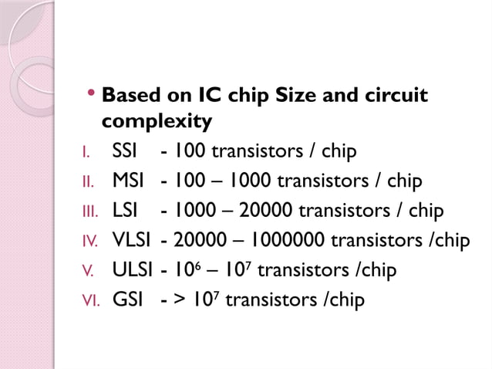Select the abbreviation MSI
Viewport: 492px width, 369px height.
(x=127, y=181)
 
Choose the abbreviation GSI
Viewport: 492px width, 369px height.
(x=127, y=299)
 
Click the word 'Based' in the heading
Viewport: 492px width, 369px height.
(x=129, y=96)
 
